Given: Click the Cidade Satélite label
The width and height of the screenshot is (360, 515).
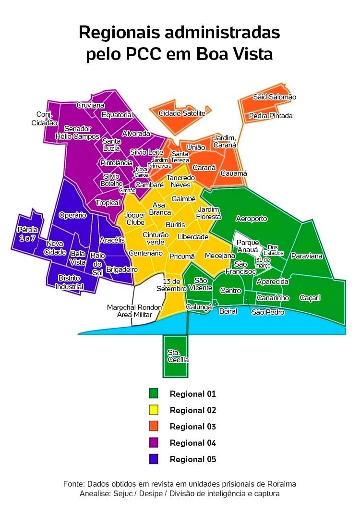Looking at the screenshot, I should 182,113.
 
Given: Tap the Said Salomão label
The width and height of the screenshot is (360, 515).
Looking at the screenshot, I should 275,97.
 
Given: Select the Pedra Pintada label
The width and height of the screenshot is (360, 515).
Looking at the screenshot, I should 270,116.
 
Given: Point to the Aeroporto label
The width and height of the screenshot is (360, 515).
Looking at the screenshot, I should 252,219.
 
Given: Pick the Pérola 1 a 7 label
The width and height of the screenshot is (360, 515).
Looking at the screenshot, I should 26,233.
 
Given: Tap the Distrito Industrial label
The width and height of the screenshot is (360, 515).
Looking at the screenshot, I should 69,282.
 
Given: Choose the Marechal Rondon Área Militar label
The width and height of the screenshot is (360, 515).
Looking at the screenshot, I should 134,311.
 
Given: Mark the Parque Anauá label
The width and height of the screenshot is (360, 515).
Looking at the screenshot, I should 247,246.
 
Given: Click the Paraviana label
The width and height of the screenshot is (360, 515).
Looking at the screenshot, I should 307,256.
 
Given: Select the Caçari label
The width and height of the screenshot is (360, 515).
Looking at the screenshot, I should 310,298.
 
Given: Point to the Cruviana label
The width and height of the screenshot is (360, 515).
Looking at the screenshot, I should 91,105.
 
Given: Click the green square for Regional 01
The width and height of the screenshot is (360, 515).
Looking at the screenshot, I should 154,394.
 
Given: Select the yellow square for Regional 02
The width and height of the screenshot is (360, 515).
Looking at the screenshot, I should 154,410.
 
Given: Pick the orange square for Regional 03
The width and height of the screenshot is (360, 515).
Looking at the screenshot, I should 154,427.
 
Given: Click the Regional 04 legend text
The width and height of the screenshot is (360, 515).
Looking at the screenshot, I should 193,443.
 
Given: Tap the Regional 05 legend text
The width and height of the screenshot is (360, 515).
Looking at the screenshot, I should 193,459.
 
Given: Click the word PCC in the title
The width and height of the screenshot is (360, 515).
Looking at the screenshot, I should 143,54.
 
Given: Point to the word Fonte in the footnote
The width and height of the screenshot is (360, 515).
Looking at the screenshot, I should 74,483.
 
